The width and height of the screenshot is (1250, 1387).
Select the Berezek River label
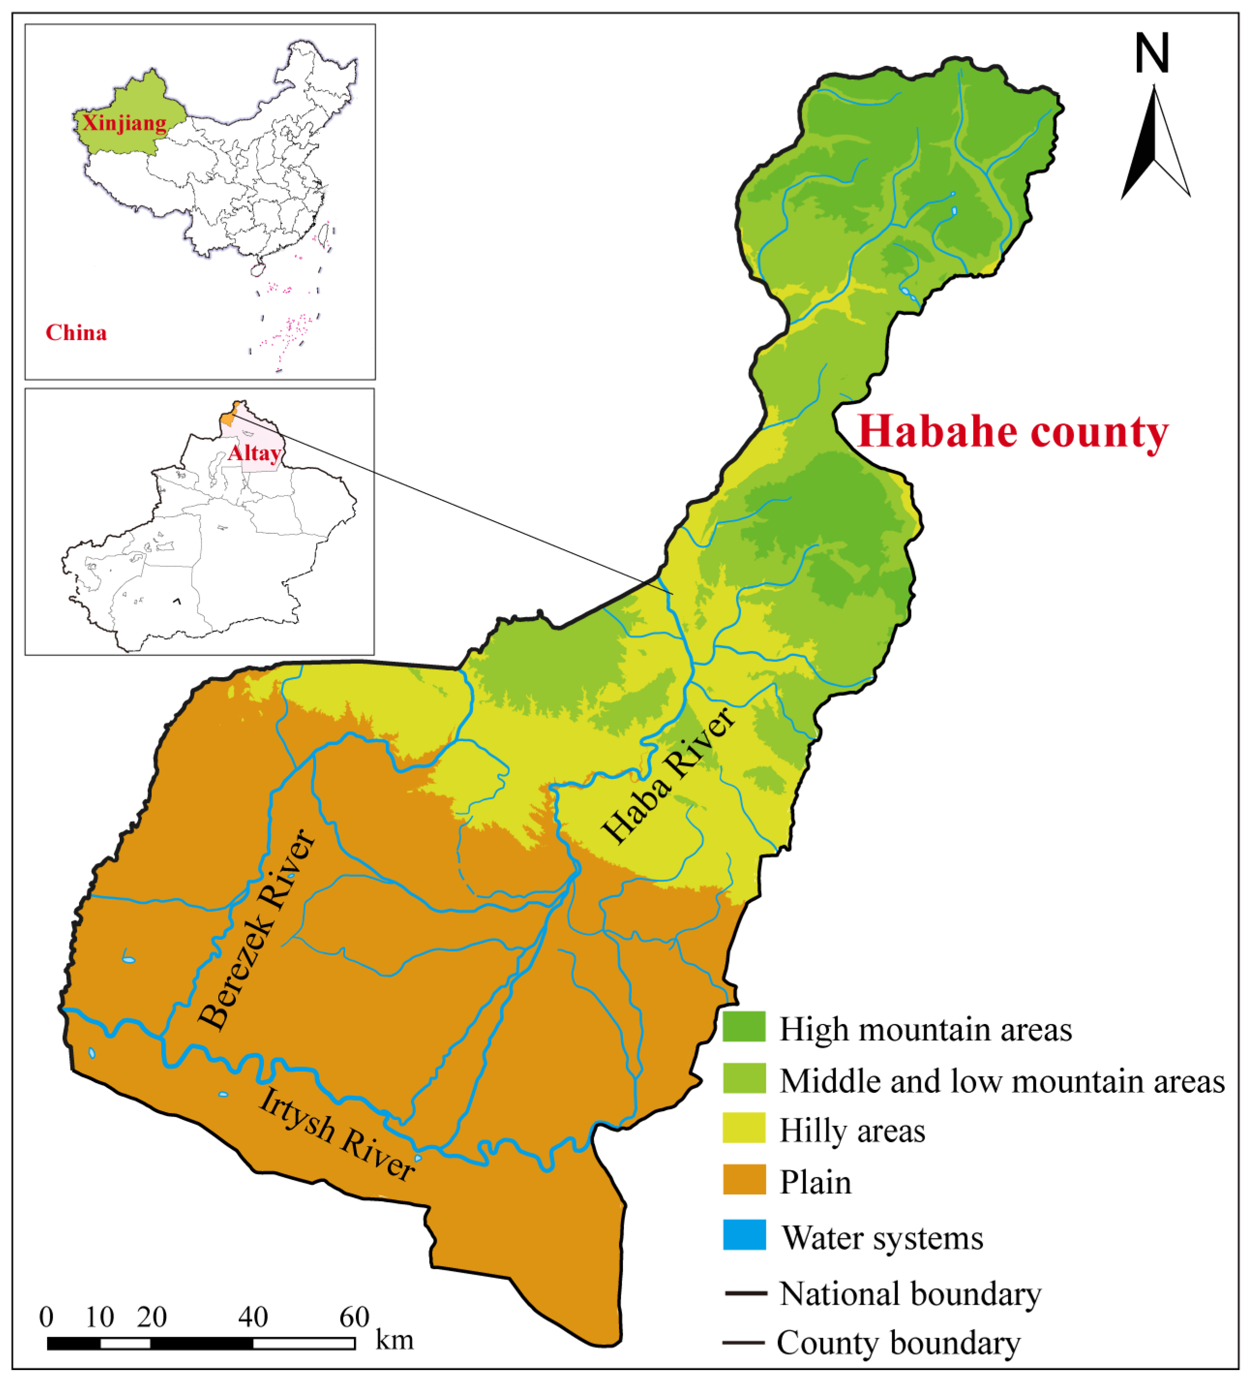coord(257,930)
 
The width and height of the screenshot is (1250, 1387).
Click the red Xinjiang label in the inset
coord(124,123)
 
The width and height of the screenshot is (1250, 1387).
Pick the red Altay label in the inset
coord(254,453)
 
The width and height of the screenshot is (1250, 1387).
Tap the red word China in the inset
coord(76,333)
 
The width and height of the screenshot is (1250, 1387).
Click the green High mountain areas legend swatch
coord(744,1027)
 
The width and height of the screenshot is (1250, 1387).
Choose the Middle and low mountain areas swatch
coord(744,1079)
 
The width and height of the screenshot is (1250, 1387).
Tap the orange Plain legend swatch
coord(744,1180)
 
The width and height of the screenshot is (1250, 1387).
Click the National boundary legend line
coord(745,1294)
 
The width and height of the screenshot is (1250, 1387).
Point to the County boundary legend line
coord(744,1342)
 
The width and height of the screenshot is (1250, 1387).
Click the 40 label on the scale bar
coord(253,1317)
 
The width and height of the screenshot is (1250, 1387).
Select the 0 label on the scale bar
coord(46,1317)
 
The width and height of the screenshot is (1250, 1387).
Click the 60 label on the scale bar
coord(354,1317)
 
